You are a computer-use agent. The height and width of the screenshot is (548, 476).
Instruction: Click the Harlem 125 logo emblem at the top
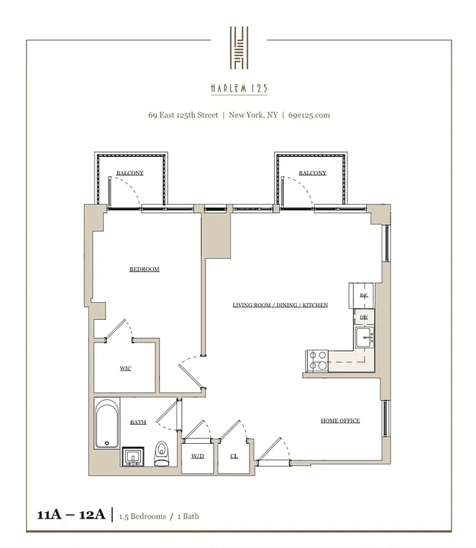(239, 48)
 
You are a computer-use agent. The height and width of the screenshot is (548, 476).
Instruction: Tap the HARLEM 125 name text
(239, 87)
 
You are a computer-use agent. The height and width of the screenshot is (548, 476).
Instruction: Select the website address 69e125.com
(309, 115)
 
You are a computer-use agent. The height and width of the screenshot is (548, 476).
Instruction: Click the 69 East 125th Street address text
(184, 115)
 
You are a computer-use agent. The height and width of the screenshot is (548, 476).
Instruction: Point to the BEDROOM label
(144, 269)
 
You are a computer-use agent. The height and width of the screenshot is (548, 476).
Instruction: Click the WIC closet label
(125, 369)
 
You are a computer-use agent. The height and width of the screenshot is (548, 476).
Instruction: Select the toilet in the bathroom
(162, 453)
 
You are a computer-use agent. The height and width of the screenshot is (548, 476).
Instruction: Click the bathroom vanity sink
(133, 456)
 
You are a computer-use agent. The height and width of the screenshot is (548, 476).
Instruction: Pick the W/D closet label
(198, 456)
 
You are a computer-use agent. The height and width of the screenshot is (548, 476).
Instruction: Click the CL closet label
(234, 456)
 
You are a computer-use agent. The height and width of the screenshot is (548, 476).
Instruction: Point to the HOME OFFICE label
(340, 421)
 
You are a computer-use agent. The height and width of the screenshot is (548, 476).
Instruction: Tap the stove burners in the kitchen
(318, 360)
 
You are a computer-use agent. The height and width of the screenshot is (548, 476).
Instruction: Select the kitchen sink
(365, 336)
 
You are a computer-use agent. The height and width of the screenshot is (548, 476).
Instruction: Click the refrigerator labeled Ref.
(364, 295)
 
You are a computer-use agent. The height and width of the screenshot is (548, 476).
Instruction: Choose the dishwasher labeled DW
(364, 316)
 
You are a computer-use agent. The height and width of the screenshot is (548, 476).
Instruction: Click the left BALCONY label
(130, 173)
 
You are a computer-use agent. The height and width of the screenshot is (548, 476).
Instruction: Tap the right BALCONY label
(312, 173)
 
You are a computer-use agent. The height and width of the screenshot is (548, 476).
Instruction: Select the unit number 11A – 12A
(68, 515)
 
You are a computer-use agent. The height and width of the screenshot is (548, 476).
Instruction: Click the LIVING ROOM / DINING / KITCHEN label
(280, 305)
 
